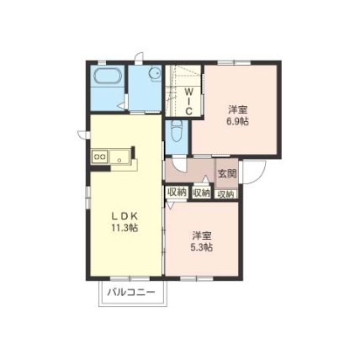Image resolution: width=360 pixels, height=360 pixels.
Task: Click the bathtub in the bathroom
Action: pos(109,76)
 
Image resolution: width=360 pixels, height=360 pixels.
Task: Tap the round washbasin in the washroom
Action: pos(155,73)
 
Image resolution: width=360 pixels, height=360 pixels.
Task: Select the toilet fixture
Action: pos(177,131)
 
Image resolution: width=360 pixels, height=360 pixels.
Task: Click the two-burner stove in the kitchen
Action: pos(100,156)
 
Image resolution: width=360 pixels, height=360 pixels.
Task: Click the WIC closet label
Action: pos(189,101)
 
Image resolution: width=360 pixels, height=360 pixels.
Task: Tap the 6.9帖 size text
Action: pos(238,121)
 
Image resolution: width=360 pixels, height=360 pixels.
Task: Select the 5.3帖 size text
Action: pos(202,247)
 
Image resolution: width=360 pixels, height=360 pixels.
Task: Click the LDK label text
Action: pos(124,216)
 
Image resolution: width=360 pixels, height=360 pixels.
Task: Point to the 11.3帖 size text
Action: pos(124,228)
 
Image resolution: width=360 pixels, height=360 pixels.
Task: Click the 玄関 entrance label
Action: pos(227,174)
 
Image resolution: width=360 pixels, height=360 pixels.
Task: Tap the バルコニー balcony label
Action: pos(131,293)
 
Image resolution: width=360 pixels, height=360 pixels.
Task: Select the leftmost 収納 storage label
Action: pos(177,192)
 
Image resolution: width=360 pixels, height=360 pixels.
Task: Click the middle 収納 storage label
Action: pos(201,193)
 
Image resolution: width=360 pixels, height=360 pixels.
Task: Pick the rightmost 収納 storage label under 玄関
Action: pos(226,194)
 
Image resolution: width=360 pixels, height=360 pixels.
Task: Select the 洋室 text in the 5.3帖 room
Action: pos(202,236)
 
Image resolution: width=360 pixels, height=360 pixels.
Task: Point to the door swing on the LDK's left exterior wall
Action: pos(82,135)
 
